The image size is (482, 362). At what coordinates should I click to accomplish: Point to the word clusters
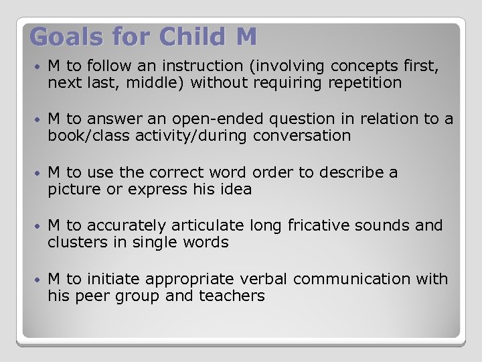[75, 242]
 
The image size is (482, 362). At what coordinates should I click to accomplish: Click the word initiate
[112, 279]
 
